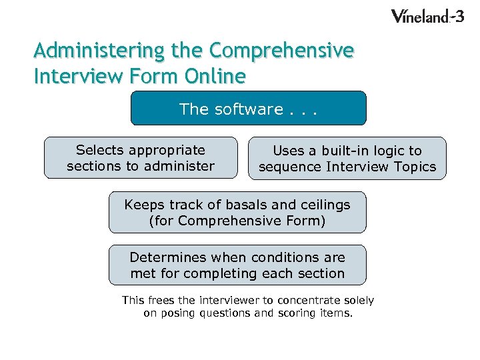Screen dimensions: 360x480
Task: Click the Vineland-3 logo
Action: [427, 17]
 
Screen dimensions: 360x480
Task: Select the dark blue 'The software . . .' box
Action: [248, 109]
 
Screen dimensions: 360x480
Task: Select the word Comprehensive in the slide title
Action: [281, 51]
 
